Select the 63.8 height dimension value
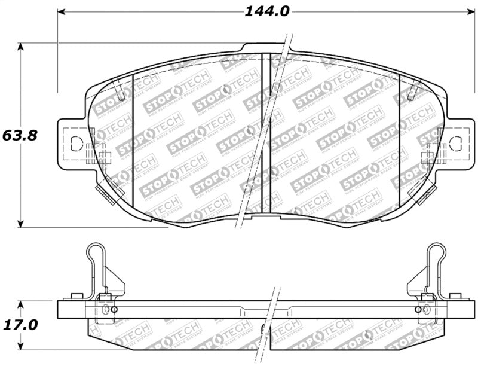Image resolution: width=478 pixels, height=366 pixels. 20,135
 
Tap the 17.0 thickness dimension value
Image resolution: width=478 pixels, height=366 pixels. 20,325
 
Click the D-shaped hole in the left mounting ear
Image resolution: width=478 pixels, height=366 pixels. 75,144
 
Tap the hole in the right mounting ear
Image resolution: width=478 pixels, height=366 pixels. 456,143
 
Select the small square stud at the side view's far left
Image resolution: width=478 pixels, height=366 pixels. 76,296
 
